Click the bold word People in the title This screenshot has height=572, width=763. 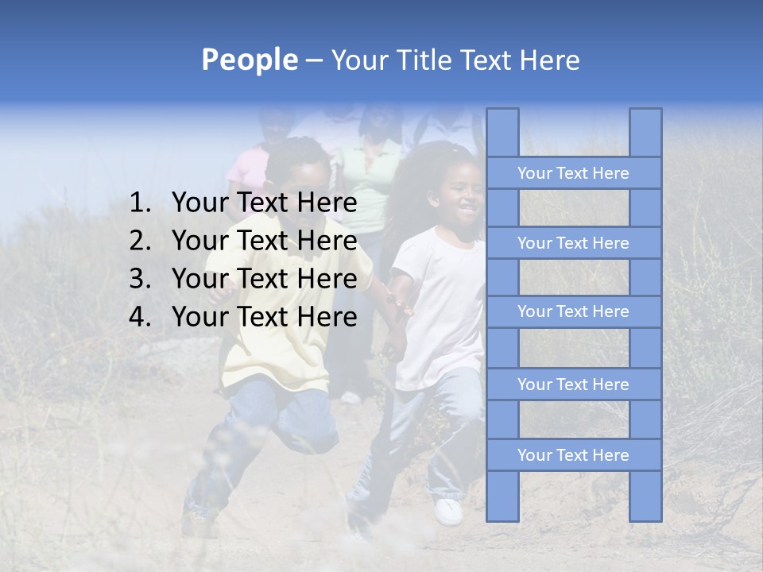coord(248,60)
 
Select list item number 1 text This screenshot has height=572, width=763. coord(264,203)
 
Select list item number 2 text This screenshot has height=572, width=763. coord(264,241)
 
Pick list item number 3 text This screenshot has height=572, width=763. coord(264,279)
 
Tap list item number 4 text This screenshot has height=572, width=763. coord(264,317)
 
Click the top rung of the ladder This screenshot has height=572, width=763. coord(573,173)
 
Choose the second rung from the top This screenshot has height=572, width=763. coord(573,243)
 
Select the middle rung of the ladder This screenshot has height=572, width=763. coord(573,311)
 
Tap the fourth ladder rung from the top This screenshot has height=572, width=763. coord(573,385)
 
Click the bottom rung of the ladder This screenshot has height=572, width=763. coord(573,455)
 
